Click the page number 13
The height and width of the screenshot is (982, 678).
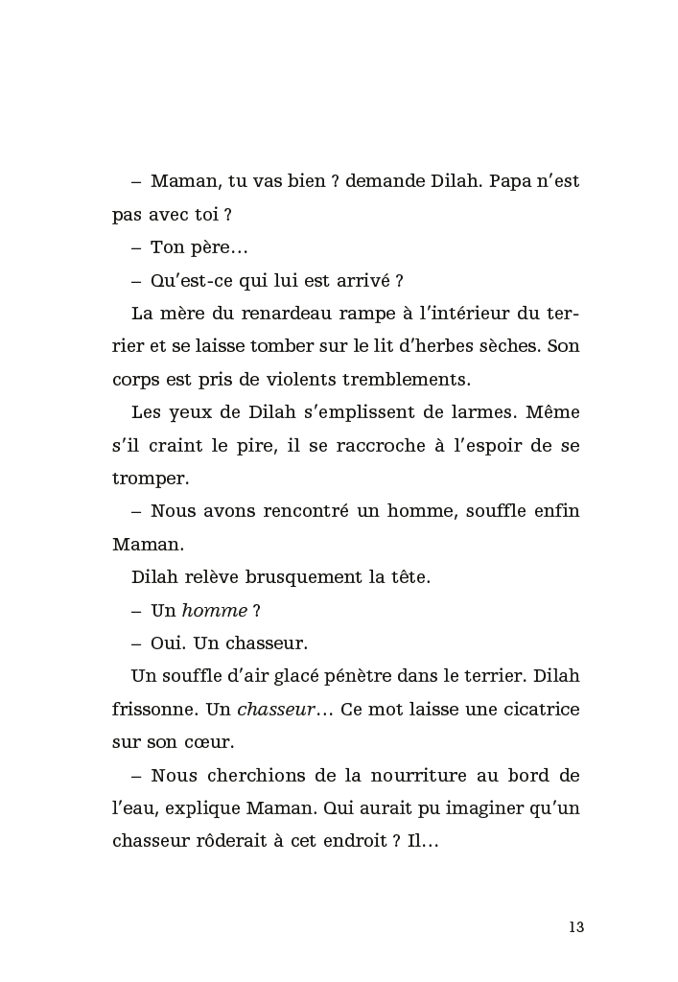(x=575, y=927)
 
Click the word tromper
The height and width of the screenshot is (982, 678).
(x=150, y=479)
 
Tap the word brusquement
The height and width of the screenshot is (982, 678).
(x=280, y=577)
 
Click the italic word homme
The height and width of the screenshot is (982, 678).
(x=215, y=610)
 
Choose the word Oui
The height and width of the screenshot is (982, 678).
(x=169, y=643)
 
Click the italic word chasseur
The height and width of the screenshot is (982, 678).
(x=272, y=710)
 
